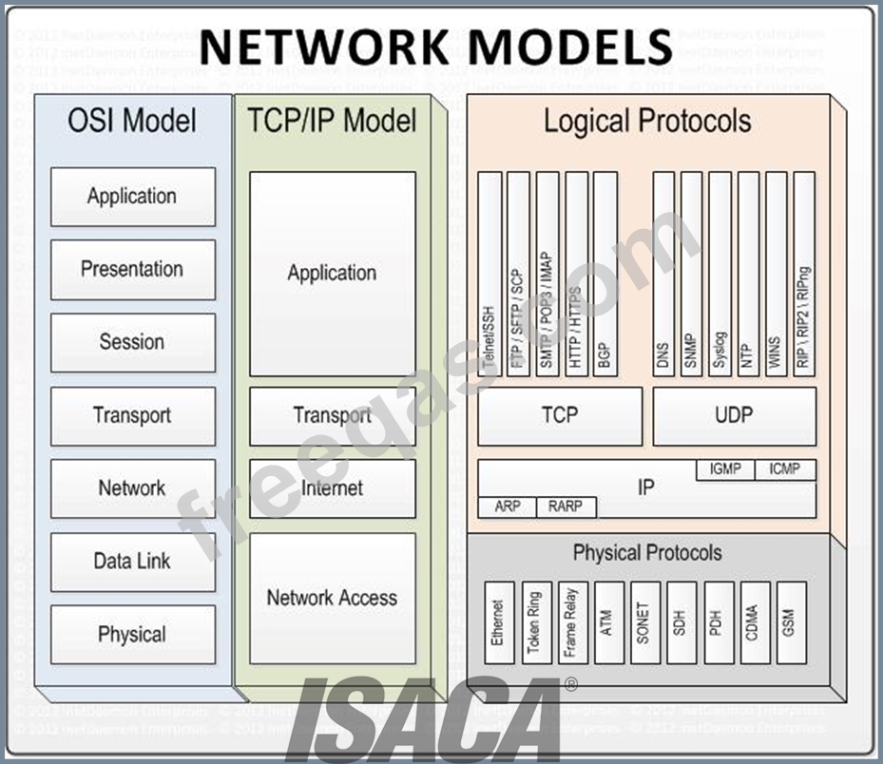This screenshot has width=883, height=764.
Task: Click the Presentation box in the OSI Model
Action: click(132, 269)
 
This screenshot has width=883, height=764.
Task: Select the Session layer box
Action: click(132, 342)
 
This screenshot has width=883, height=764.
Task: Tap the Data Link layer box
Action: click(132, 562)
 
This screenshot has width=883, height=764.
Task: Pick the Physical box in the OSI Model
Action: click(132, 635)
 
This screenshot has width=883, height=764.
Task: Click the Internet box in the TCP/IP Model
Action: click(332, 488)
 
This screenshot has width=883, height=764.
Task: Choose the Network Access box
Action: click(332, 598)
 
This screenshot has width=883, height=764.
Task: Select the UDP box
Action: click(734, 415)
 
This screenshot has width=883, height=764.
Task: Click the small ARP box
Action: click(508, 507)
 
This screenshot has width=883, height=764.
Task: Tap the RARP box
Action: click(566, 507)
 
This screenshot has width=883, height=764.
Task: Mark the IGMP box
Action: click(725, 469)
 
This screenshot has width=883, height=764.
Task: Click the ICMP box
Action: click(785, 469)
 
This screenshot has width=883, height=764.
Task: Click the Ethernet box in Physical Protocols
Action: click(498, 622)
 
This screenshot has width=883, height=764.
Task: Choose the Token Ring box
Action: click(533, 622)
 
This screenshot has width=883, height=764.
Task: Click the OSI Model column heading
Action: click(132, 121)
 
